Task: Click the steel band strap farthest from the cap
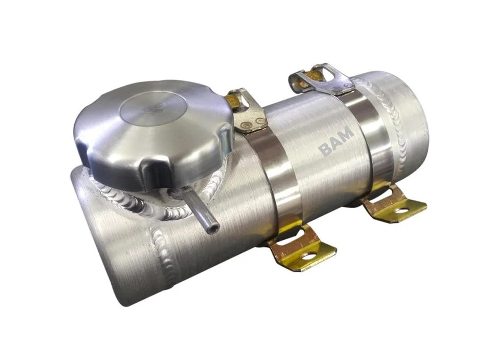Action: (x=373, y=134)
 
